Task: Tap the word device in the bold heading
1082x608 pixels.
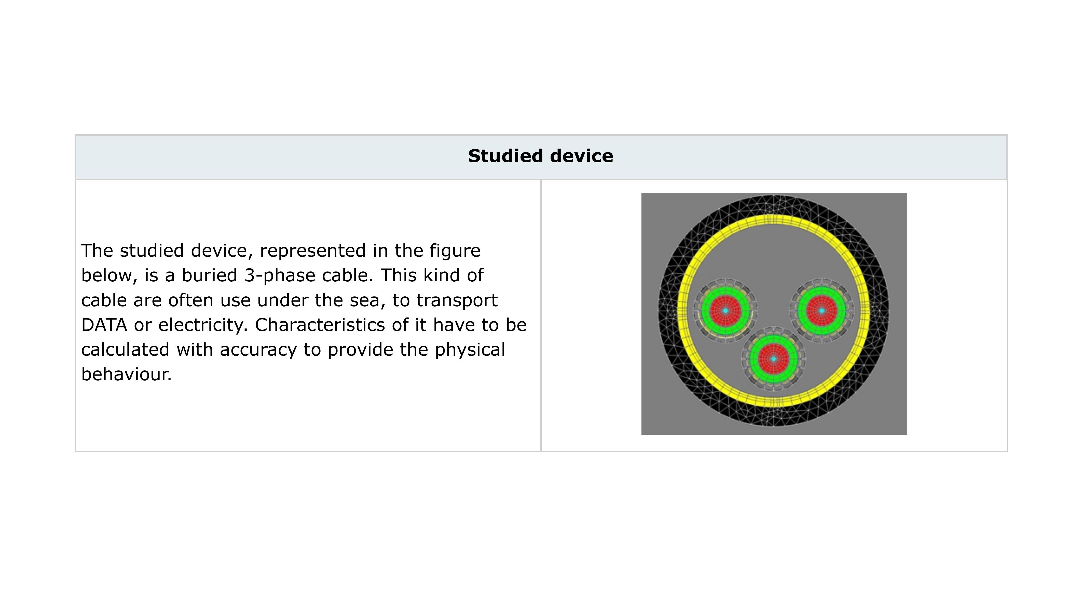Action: click(582, 156)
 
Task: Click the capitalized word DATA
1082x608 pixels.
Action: click(104, 325)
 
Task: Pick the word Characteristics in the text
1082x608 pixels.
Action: click(320, 325)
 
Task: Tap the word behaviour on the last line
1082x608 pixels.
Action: click(126, 374)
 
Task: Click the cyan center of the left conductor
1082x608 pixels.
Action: click(725, 311)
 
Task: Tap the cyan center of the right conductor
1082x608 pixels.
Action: click(821, 311)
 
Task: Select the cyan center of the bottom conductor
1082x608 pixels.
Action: click(773, 359)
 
